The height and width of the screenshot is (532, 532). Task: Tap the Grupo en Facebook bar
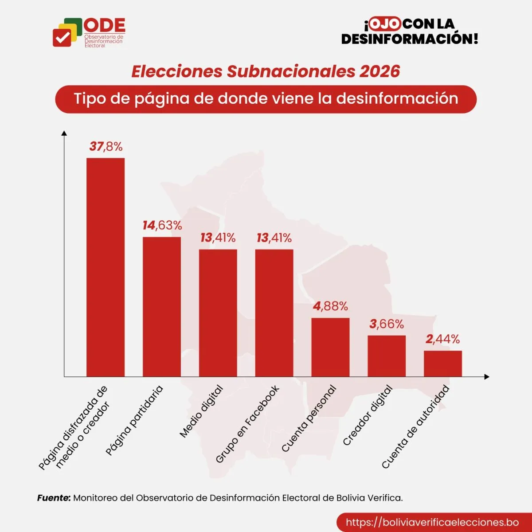(x=274, y=313)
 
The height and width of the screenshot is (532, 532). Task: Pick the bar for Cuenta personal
(x=330, y=347)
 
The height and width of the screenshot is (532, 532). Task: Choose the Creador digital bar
(x=387, y=356)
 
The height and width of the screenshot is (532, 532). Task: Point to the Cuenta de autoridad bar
(x=442, y=364)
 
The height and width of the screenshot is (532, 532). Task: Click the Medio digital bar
(x=218, y=313)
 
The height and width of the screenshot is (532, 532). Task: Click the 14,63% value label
(x=162, y=226)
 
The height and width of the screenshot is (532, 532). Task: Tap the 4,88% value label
(x=330, y=306)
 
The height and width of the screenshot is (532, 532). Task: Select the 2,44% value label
(x=442, y=340)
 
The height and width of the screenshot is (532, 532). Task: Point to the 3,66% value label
(x=387, y=324)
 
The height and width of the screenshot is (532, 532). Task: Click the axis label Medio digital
(x=201, y=412)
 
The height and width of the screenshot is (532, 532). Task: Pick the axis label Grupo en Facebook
(x=247, y=424)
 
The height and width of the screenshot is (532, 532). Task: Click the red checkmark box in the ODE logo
(x=62, y=37)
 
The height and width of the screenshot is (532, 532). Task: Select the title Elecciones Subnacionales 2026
(x=266, y=71)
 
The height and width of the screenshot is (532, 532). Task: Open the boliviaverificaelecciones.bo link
(x=432, y=522)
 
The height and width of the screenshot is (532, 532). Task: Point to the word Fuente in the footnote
(x=54, y=498)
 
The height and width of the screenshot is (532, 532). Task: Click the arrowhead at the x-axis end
(x=487, y=377)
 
